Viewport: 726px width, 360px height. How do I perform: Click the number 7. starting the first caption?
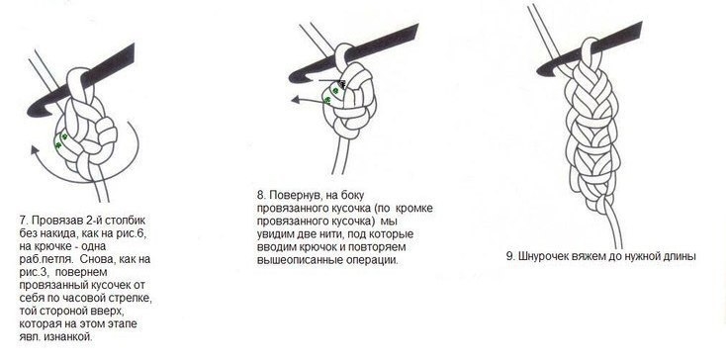[x=23, y=217]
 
